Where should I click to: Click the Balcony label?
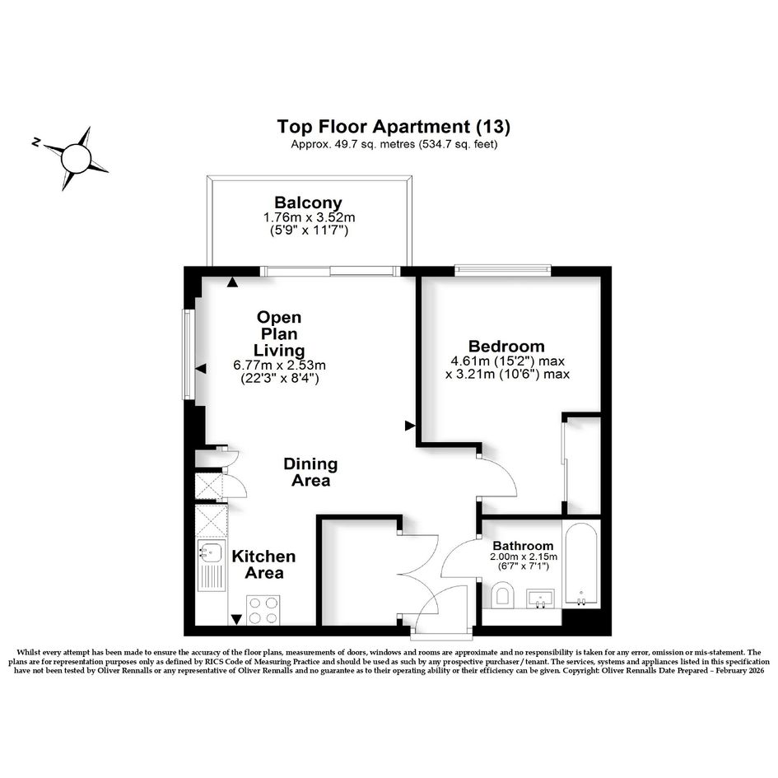pyautogui.click(x=308, y=203)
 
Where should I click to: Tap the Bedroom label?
pyautogui.click(x=506, y=346)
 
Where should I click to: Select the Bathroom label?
pyautogui.click(x=523, y=547)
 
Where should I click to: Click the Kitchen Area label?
pyautogui.click(x=264, y=564)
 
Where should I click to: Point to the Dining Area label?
pyautogui.click(x=310, y=472)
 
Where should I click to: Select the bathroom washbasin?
pyautogui.click(x=540, y=599)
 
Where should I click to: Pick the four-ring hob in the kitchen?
pyautogui.click(x=263, y=610)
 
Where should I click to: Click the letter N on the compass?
pyautogui.click(x=35, y=142)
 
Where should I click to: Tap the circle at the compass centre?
pyautogui.click(x=76, y=158)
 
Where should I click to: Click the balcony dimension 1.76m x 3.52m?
pyautogui.click(x=309, y=217)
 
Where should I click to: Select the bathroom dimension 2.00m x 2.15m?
pyautogui.click(x=524, y=557)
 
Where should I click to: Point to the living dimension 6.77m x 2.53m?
pyautogui.click(x=279, y=366)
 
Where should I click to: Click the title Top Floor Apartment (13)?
pyautogui.click(x=394, y=127)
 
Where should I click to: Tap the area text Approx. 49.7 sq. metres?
pyautogui.click(x=353, y=144)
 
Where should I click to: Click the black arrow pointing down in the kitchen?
pyautogui.click(x=236, y=620)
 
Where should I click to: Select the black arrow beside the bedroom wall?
pyautogui.click(x=410, y=426)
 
